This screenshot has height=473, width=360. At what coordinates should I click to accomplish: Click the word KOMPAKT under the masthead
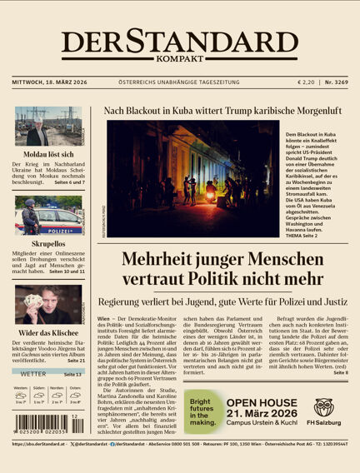179,60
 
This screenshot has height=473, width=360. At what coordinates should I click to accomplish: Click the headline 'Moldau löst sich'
47,155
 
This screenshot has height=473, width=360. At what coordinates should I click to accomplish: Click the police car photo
47,217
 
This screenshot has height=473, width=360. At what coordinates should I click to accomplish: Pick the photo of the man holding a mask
47,305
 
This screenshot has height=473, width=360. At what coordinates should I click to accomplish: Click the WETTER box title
33,375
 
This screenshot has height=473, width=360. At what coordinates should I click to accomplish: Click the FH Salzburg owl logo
325,407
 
